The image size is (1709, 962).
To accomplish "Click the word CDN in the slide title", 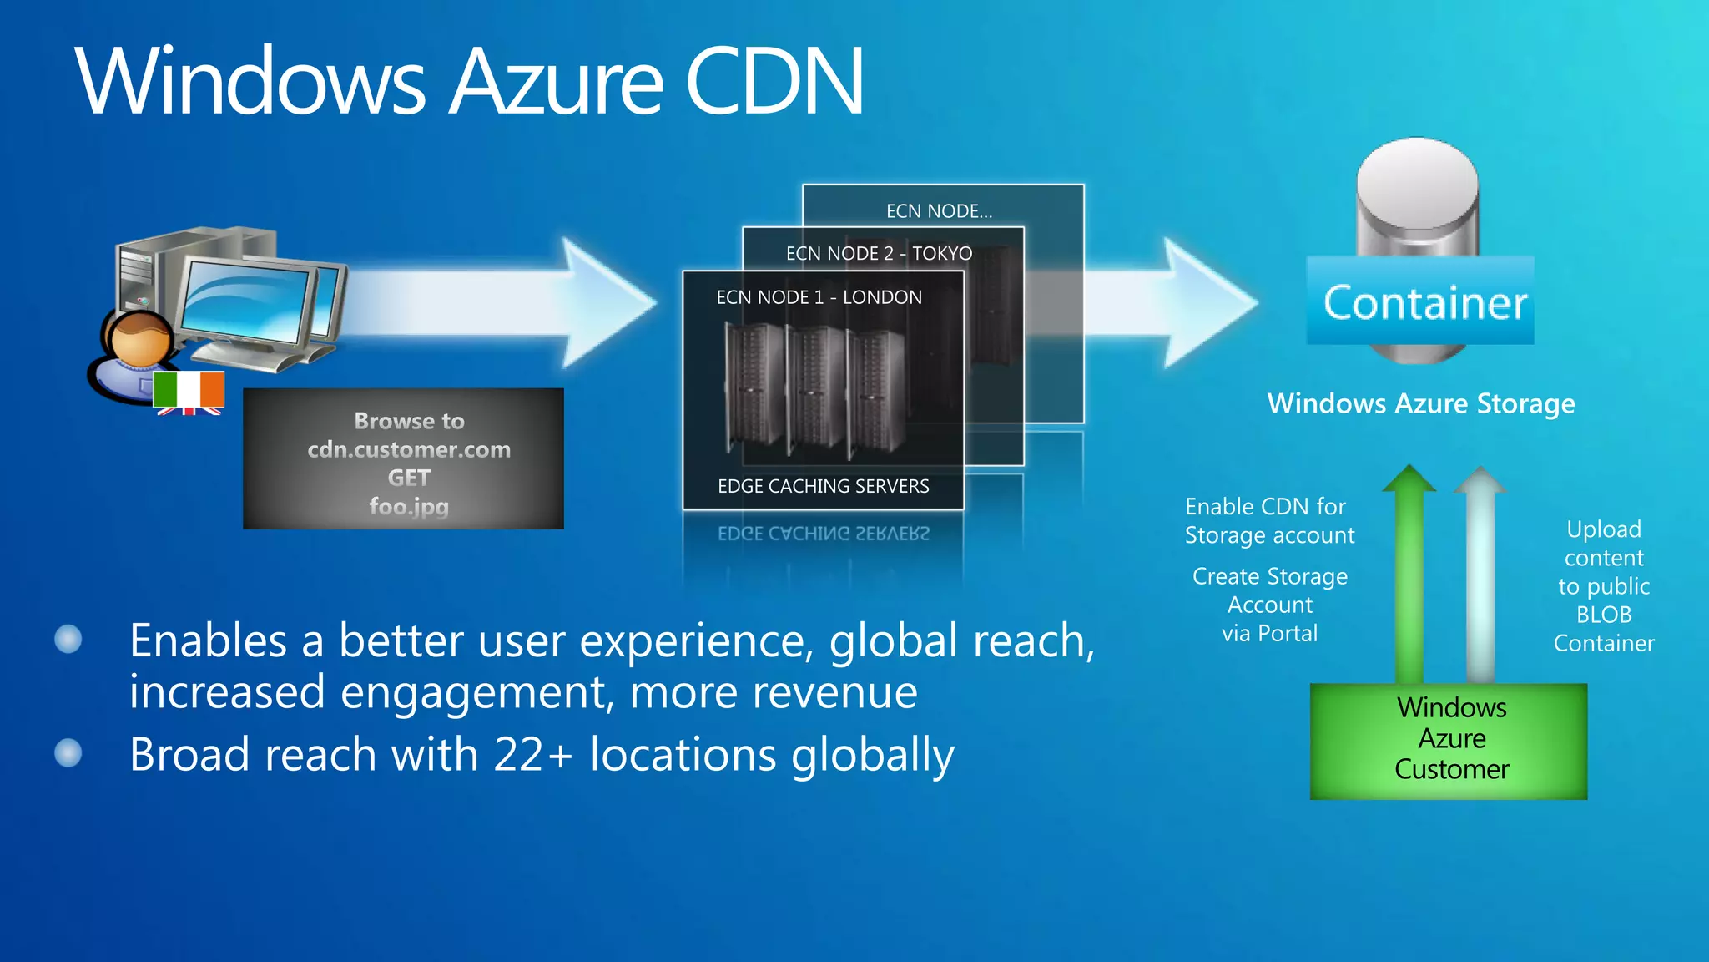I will click(774, 82).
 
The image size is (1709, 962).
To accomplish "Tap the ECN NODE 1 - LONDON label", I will click(819, 297).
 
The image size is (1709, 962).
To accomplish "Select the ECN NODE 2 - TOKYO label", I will click(879, 253).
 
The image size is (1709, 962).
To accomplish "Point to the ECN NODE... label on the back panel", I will click(939, 211).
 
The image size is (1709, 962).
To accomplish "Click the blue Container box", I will click(1420, 301).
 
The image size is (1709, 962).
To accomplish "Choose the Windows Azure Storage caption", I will click(1420, 404).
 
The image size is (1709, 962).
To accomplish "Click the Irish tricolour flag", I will click(189, 389).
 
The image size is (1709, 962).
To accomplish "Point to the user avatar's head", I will click(138, 338).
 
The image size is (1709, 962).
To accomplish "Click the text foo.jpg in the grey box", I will click(409, 506).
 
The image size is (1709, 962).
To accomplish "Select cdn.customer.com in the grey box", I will click(409, 449).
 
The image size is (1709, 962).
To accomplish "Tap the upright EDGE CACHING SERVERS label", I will click(823, 486).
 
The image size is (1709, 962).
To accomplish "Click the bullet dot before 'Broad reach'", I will click(68, 753).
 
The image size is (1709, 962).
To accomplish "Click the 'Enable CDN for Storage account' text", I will click(1269, 521).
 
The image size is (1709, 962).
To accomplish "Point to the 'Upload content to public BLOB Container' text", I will click(1603, 586).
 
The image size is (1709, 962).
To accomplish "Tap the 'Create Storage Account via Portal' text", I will click(1269, 605).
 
